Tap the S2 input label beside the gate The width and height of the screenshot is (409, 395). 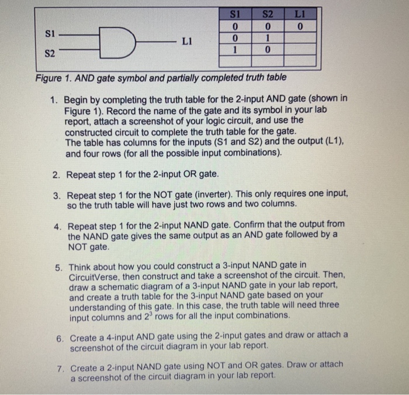50,54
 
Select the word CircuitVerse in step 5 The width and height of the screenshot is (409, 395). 96,276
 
